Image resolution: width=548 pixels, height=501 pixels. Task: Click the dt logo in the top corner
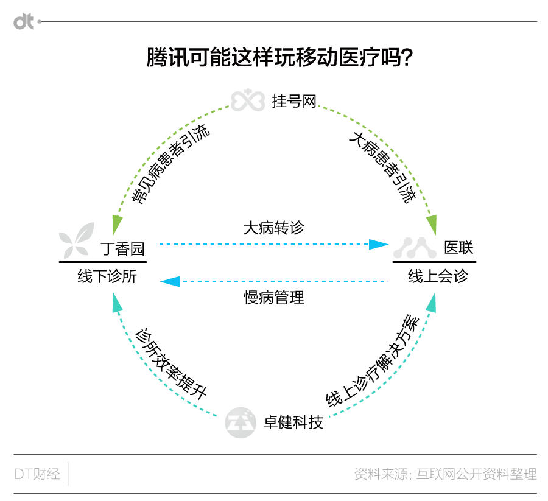click(x=24, y=22)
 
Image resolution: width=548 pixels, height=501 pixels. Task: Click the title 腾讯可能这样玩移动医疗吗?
click(x=279, y=57)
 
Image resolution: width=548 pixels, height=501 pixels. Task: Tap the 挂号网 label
click(x=294, y=101)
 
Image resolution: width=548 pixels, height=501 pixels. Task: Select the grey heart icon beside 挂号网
click(x=248, y=100)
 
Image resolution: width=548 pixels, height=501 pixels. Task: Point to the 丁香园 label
click(x=122, y=249)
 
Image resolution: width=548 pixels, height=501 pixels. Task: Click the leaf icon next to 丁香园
click(x=77, y=240)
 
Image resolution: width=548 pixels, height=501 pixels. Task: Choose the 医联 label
click(x=458, y=248)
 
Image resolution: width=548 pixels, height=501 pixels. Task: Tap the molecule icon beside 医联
click(x=415, y=248)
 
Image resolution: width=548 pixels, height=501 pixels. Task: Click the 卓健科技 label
click(x=293, y=422)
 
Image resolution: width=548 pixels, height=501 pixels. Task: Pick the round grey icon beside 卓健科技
click(x=241, y=422)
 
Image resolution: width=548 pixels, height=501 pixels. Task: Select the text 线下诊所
click(x=107, y=276)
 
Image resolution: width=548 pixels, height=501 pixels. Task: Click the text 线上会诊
click(x=438, y=276)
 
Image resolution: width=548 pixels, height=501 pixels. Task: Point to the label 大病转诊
click(x=273, y=228)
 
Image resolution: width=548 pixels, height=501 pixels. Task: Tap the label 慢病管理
click(x=274, y=297)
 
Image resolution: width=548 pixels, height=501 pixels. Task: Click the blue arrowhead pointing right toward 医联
click(x=379, y=244)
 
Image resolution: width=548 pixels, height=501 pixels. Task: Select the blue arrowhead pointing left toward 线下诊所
click(x=170, y=281)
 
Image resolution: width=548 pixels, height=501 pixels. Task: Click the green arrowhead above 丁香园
click(x=117, y=225)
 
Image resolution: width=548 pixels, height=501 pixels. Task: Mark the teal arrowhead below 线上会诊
click(x=431, y=302)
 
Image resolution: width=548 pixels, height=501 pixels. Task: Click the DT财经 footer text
click(x=37, y=474)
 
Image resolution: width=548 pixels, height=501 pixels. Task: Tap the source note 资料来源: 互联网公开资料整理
click(x=445, y=474)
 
